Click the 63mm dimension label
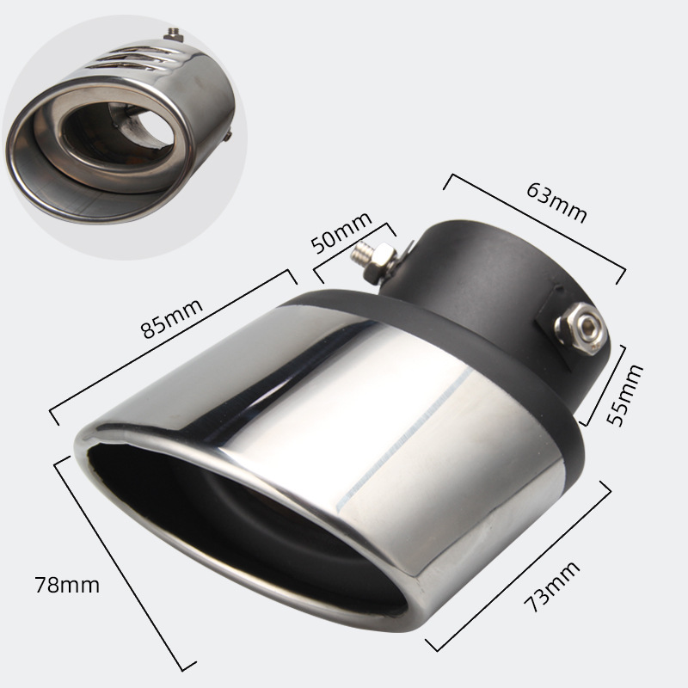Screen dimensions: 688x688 pyautogui.click(x=556, y=203)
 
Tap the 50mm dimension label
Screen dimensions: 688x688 pyautogui.click(x=341, y=232)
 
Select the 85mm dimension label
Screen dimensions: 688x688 pyautogui.click(x=171, y=318)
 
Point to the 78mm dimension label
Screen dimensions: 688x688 pyautogui.click(x=67, y=585)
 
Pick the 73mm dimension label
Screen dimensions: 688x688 pyautogui.click(x=551, y=587)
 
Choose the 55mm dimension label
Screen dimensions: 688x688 pyautogui.click(x=624, y=395)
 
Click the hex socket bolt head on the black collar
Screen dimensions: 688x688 pyautogui.click(x=580, y=327)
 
